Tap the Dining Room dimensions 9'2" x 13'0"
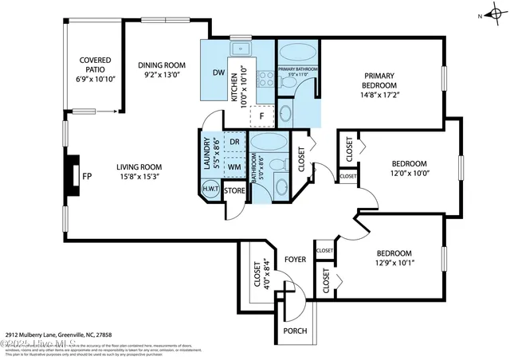[162, 76]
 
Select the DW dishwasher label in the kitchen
[218, 73]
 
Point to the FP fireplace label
[86, 177]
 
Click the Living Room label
[139, 166]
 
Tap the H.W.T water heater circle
[210, 190]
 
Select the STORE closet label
[234, 190]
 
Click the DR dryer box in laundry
[234, 143]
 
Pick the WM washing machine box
[234, 166]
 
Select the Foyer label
[296, 260]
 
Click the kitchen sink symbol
[240, 51]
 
